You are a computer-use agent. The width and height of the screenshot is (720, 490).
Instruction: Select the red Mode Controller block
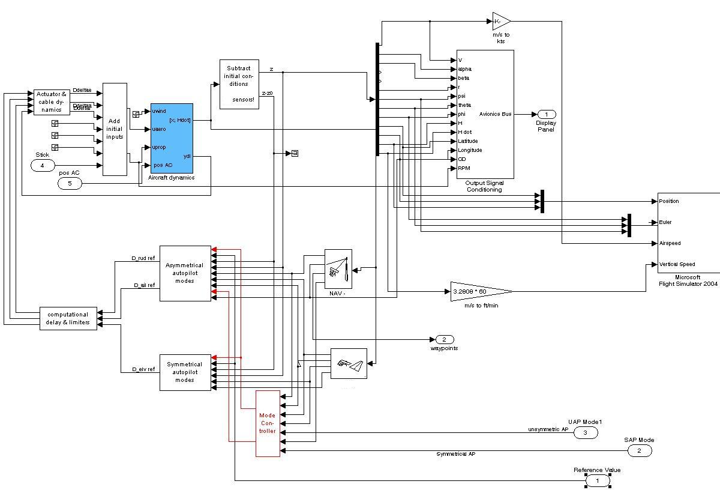point(268,423)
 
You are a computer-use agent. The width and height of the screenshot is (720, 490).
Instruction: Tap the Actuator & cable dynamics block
point(52,101)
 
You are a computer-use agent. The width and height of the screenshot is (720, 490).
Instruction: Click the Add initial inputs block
point(115,129)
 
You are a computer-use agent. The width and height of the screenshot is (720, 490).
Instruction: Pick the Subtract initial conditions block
point(239,84)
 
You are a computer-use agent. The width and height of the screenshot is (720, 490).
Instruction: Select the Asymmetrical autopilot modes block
point(185,273)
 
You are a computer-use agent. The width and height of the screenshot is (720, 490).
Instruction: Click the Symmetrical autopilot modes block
point(185,372)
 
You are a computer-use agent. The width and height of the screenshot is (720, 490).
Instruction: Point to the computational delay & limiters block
point(68,318)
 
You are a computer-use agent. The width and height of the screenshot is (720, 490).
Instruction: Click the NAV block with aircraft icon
point(338,269)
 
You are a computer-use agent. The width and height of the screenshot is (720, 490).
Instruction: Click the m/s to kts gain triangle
point(500,22)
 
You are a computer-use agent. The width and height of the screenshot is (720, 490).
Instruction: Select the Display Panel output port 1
point(546,114)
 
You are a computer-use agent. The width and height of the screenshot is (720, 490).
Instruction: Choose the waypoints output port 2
point(445,339)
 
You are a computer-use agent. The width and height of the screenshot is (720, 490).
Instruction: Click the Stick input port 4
point(42,165)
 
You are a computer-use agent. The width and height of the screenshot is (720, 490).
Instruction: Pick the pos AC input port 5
point(70,183)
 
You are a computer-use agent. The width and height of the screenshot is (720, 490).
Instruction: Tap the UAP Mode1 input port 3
point(586,432)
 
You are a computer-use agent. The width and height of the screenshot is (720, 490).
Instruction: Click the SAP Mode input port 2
point(639,450)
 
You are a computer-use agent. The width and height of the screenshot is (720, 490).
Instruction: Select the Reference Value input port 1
point(598,480)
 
